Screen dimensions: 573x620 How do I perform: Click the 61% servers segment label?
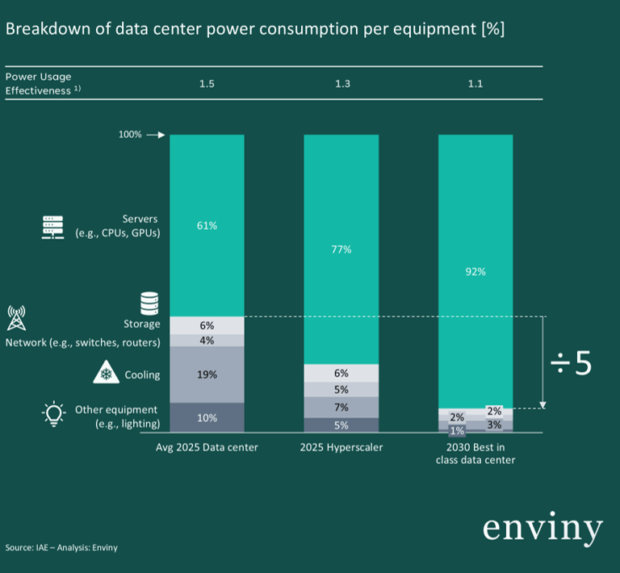(x=207, y=226)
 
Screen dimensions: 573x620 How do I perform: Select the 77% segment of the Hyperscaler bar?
(x=341, y=249)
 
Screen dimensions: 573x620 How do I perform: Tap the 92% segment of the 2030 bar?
(x=475, y=272)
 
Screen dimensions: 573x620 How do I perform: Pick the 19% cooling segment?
(x=207, y=374)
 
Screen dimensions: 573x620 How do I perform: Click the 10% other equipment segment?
(x=207, y=417)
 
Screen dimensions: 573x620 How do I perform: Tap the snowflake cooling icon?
(x=104, y=374)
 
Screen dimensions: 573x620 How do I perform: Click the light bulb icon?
(x=53, y=415)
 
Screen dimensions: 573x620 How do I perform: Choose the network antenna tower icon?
(x=15, y=318)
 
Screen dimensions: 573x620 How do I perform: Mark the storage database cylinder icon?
(x=149, y=303)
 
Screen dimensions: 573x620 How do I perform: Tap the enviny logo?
(x=542, y=528)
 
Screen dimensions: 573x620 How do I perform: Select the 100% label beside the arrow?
(x=130, y=135)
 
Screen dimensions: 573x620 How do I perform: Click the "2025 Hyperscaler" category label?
(x=341, y=447)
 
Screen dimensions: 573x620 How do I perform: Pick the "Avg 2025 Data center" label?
(x=207, y=447)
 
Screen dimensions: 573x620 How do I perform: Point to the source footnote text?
(x=61, y=548)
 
